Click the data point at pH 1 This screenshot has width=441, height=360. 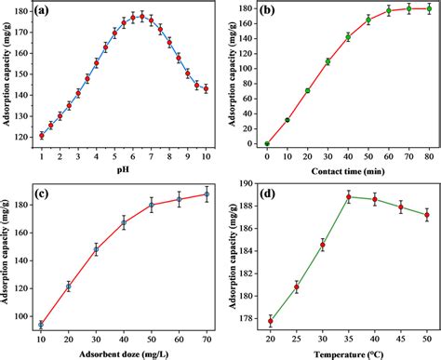(41, 135)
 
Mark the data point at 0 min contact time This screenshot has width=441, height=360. (267, 144)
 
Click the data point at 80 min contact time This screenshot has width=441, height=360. (429, 7)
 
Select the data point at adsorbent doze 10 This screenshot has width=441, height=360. (41, 325)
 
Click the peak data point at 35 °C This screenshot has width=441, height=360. (348, 196)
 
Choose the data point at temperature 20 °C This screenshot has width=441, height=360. (270, 321)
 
